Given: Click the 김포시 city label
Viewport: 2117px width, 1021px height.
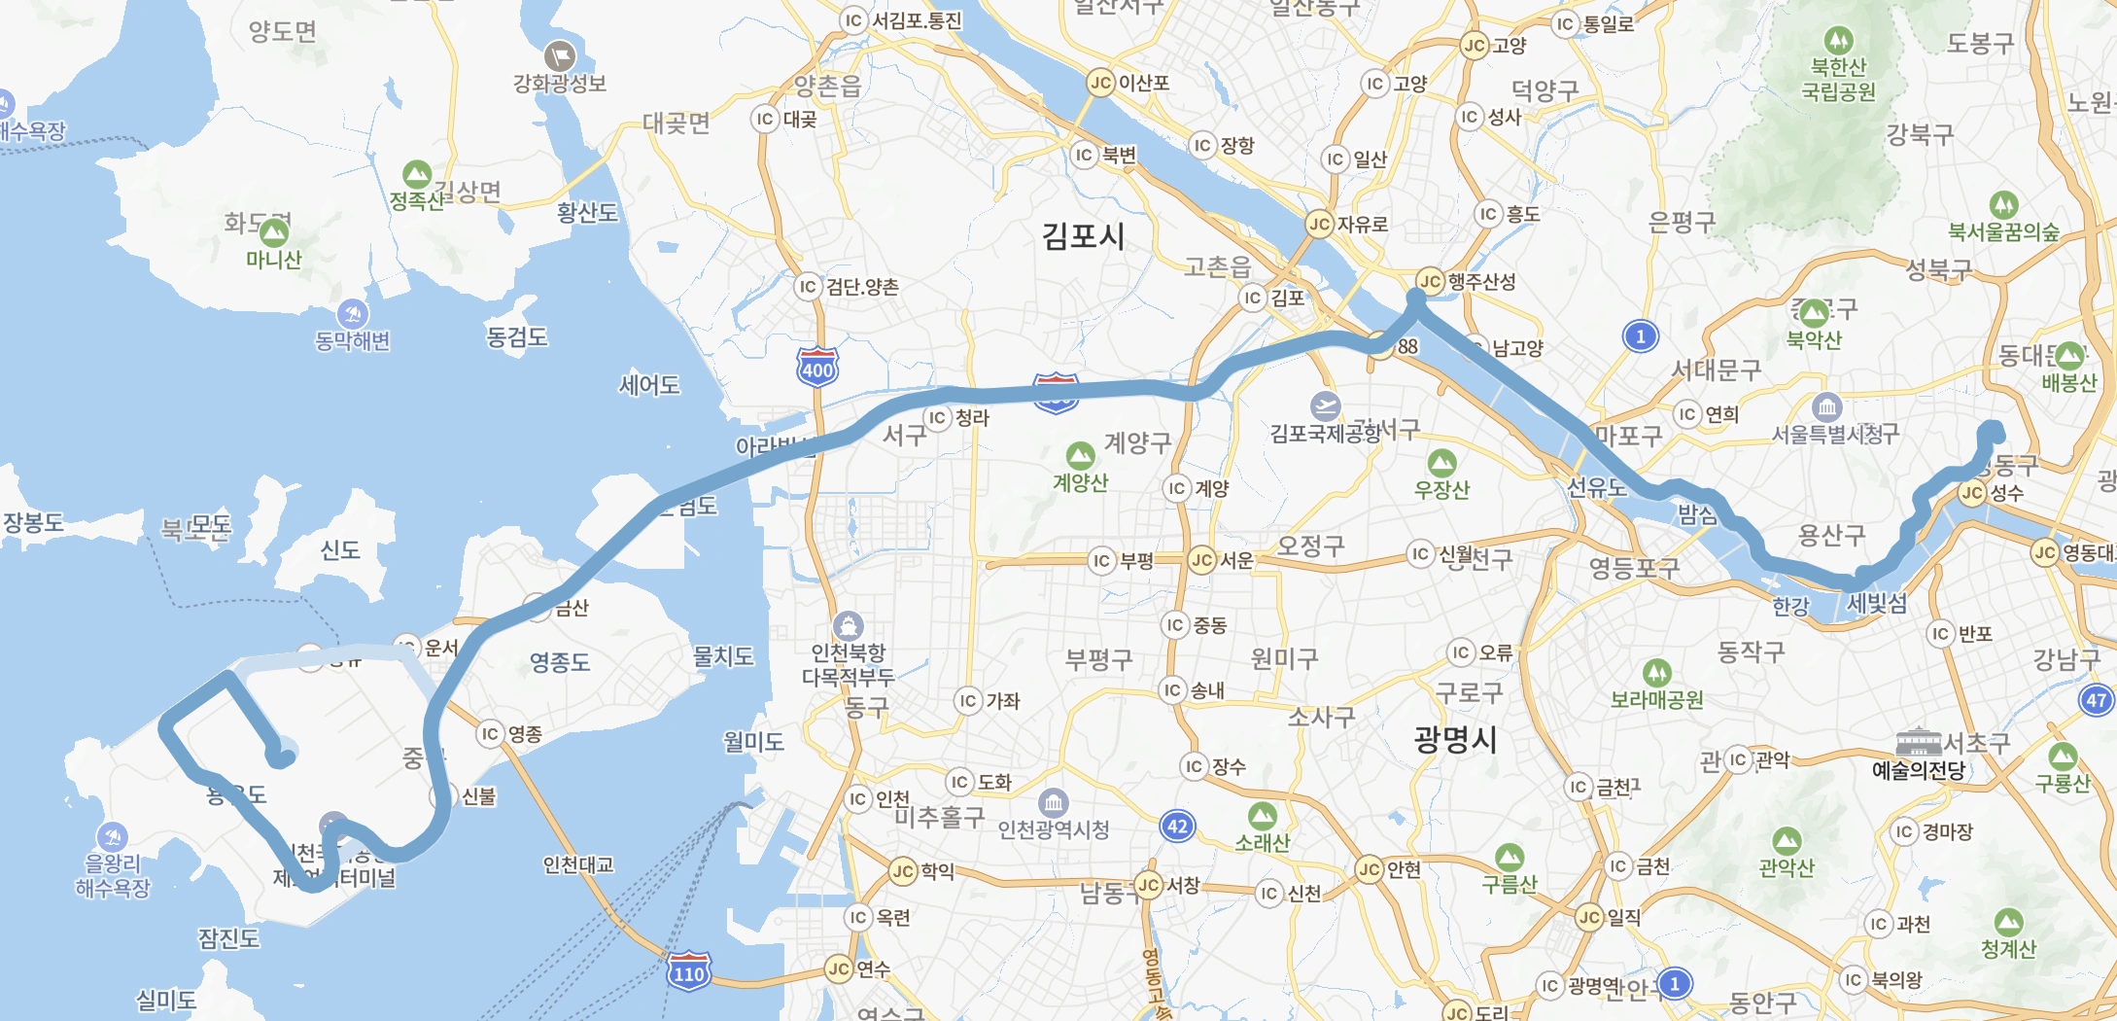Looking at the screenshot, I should click(x=1083, y=236).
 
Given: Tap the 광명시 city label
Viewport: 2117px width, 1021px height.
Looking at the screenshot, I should click(x=1455, y=740).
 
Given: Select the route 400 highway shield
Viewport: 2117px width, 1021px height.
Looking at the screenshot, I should click(x=817, y=368).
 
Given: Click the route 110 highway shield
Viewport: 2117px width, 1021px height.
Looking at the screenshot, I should click(x=689, y=971).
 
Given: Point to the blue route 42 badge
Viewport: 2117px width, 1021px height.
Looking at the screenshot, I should click(x=1177, y=827).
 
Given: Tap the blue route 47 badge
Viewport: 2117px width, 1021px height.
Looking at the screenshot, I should click(x=2097, y=700).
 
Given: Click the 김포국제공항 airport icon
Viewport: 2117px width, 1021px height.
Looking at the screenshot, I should click(x=1325, y=406).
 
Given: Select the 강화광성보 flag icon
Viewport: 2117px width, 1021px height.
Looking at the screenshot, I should click(x=560, y=56).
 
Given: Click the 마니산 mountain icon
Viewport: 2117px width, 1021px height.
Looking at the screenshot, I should click(x=274, y=232).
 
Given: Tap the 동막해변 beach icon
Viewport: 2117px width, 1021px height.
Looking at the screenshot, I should click(x=352, y=314).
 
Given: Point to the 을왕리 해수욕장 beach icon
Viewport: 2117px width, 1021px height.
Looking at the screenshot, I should click(x=112, y=836).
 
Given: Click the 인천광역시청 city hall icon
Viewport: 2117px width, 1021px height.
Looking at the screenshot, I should click(x=1054, y=803).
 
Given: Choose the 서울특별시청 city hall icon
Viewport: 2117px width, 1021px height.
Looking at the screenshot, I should click(x=1827, y=406).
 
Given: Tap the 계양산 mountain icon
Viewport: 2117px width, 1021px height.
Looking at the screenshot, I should click(x=1080, y=455).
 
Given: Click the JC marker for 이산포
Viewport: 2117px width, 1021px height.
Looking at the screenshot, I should click(x=1100, y=83).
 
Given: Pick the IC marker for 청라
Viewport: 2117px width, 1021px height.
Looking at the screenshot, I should click(x=937, y=418).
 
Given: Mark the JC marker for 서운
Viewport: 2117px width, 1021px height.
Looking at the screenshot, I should click(x=1202, y=560).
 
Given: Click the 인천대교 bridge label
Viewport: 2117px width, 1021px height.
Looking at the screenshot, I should click(x=578, y=864).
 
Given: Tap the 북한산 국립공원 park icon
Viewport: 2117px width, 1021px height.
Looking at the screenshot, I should click(x=1837, y=41).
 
